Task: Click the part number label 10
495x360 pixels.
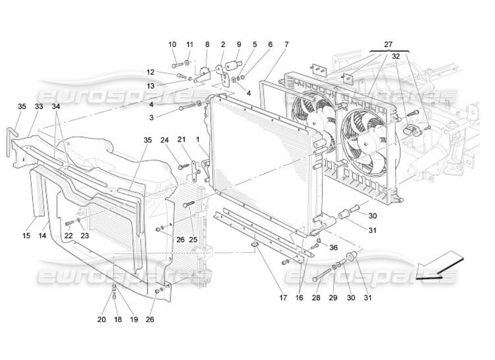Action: tap(172, 45)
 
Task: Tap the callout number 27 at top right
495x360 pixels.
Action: tap(388, 45)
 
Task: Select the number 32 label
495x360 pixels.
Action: tap(396, 57)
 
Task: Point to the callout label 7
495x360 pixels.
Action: tap(287, 45)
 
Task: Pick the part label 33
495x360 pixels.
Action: tap(39, 107)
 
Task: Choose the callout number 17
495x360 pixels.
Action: tap(283, 297)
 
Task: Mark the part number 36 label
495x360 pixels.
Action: tap(333, 247)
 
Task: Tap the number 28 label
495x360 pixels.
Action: tap(316, 297)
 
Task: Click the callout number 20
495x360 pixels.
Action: tap(102, 319)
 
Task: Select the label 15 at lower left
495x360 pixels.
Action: tap(27, 236)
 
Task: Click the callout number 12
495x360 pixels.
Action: tap(150, 72)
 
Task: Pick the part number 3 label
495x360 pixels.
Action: tap(152, 117)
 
